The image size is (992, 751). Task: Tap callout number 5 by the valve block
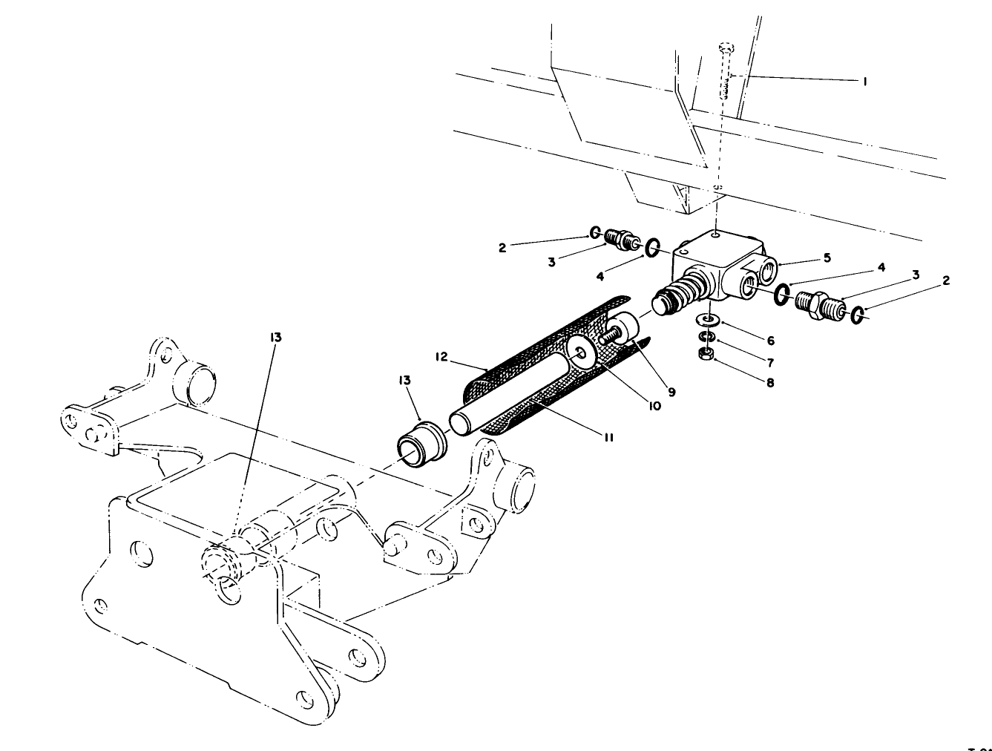[827, 258]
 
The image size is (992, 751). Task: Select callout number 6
[771, 340]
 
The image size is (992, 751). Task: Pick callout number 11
[608, 437]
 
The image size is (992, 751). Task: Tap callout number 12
[442, 356]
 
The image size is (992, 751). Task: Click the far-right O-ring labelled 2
[858, 315]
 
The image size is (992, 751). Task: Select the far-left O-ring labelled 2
[595, 233]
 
